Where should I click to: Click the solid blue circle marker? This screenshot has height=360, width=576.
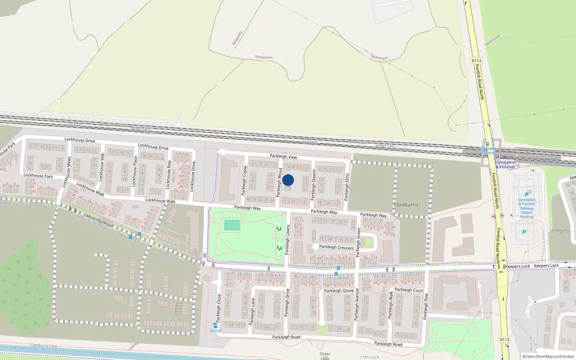pyautogui.click(x=288, y=180)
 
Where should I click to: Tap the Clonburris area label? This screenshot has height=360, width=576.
pyautogui.click(x=406, y=204)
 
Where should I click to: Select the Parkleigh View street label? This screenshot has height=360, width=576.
pyautogui.click(x=283, y=156)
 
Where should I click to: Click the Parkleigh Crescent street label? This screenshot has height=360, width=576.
pyautogui.click(x=336, y=247)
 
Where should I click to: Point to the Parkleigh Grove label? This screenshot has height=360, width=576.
pyautogui.click(x=338, y=291)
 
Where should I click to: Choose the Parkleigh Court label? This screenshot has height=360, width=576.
pyautogui.click(x=409, y=290)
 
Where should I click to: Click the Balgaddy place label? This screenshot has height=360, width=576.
pyautogui.click(x=237, y=38)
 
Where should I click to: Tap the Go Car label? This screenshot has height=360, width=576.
pyautogui.click(x=215, y=330)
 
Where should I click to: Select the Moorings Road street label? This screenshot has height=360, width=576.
pyautogui.click(x=99, y=220)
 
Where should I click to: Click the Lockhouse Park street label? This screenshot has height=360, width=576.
pyautogui.click(x=38, y=176)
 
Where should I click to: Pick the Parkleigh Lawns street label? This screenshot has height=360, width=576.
pyautogui.click(x=287, y=240)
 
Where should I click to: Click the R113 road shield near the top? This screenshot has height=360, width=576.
pyautogui.click(x=476, y=60)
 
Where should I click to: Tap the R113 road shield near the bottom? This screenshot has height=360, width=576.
pyautogui.click(x=505, y=339)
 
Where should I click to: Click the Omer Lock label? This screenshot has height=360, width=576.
pyautogui.click(x=325, y=356)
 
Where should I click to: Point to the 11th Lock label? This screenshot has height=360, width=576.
pyautogui.click(x=369, y=357)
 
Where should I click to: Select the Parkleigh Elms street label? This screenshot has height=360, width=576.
pyautogui.click(x=347, y=187)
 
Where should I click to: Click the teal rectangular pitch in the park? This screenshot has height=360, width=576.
pyautogui.click(x=232, y=225)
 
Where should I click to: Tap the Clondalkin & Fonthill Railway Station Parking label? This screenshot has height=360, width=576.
pyautogui.click(x=527, y=208)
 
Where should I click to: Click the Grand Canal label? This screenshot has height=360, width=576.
pyautogui.click(x=16, y=347)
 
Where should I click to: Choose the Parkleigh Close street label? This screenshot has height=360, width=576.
pyautogui.click(x=219, y=308)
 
